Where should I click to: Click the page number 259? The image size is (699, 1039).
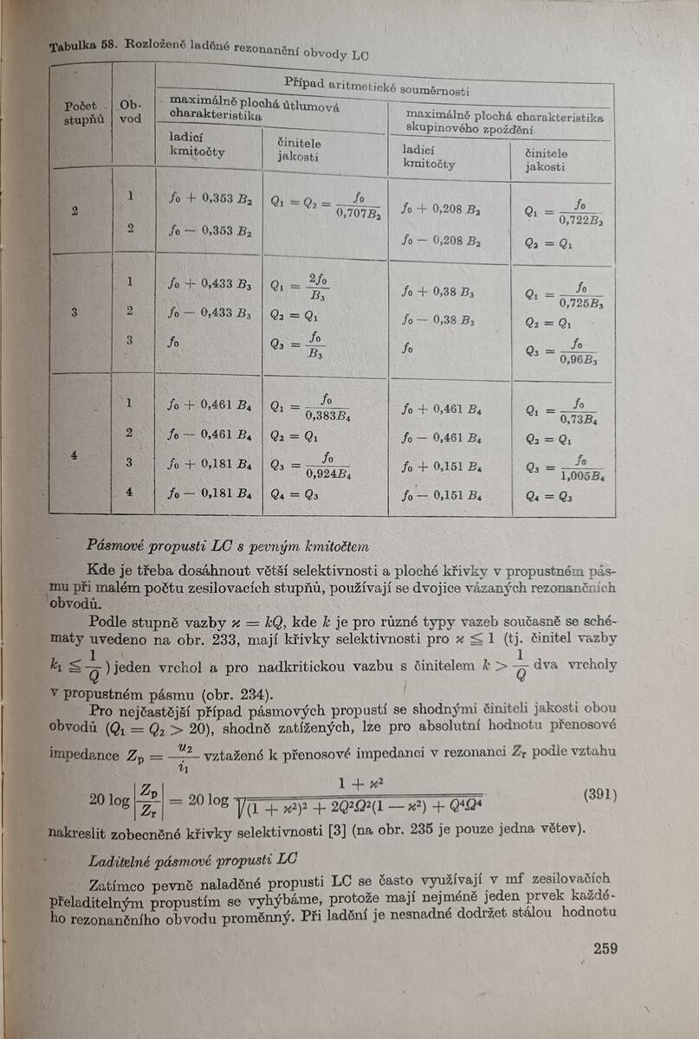pyautogui.click(x=605, y=948)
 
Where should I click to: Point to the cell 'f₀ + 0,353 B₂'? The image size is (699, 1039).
pyautogui.click(x=210, y=198)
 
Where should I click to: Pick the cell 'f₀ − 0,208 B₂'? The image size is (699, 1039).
pyautogui.click(x=441, y=240)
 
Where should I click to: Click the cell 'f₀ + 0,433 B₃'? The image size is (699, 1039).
pyautogui.click(x=210, y=282)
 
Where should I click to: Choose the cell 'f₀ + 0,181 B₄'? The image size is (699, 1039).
pyautogui.click(x=210, y=463)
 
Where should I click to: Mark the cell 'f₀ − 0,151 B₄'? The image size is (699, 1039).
pyautogui.click(x=441, y=496)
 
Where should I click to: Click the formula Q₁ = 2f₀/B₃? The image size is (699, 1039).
pyautogui.click(x=299, y=285)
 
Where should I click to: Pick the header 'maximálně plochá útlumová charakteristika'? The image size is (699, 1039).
pyautogui.click(x=255, y=108)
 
